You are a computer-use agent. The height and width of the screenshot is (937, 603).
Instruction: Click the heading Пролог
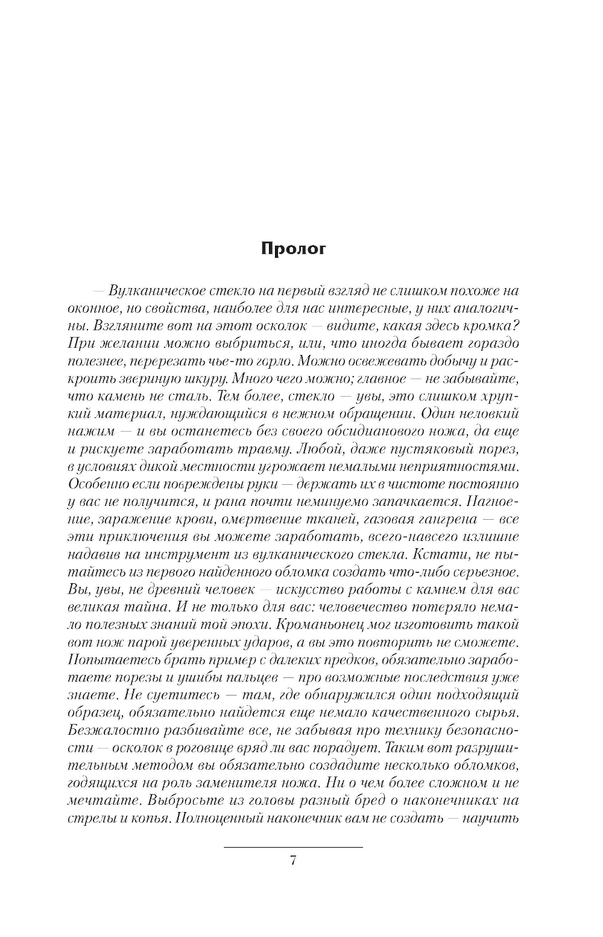tap(293, 249)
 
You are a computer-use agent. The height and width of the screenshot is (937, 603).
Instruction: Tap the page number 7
tap(293, 860)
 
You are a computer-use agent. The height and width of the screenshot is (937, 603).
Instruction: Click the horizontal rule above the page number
tap(293, 847)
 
